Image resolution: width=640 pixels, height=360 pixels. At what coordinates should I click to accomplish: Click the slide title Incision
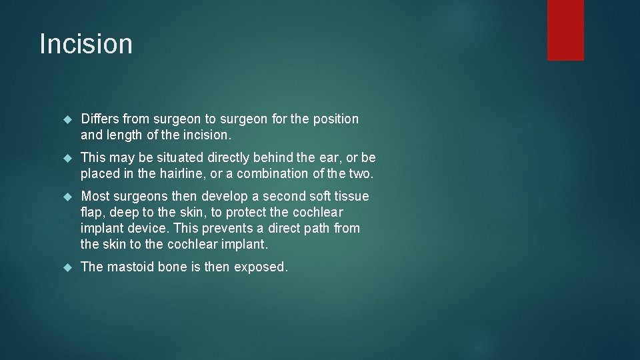pyautogui.click(x=86, y=44)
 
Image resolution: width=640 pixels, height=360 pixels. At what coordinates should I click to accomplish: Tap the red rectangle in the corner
pyautogui.click(x=565, y=30)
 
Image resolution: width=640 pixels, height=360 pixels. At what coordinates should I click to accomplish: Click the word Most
pyautogui.click(x=95, y=197)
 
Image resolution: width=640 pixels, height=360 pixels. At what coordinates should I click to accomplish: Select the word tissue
pyautogui.click(x=351, y=197)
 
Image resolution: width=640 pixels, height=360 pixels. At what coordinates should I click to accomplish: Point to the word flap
pyautogui.click(x=93, y=213)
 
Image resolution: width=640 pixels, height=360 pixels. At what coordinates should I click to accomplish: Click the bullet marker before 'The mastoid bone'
pyautogui.click(x=67, y=267)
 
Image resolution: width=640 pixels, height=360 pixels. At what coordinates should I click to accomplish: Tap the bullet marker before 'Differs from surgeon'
pyautogui.click(x=67, y=119)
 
